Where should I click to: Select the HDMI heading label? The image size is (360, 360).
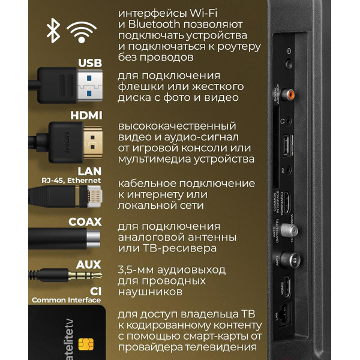pos(86,116)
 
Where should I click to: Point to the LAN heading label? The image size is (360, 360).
pos(89,171)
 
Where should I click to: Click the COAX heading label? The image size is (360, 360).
pos(85,222)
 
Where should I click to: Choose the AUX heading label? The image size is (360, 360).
pos(89,265)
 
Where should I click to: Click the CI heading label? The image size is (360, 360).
pos(95,290)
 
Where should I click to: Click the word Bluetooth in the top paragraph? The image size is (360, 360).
pos(155,25)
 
